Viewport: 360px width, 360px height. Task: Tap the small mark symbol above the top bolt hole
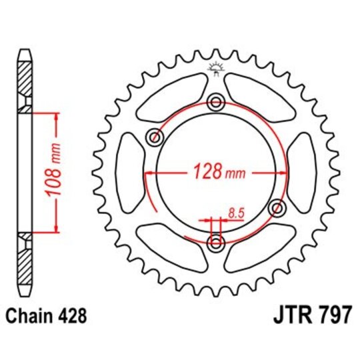click(x=215, y=67)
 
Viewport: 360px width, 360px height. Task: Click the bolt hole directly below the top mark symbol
click(x=216, y=101)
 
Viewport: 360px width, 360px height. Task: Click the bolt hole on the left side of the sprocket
click(x=156, y=139)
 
